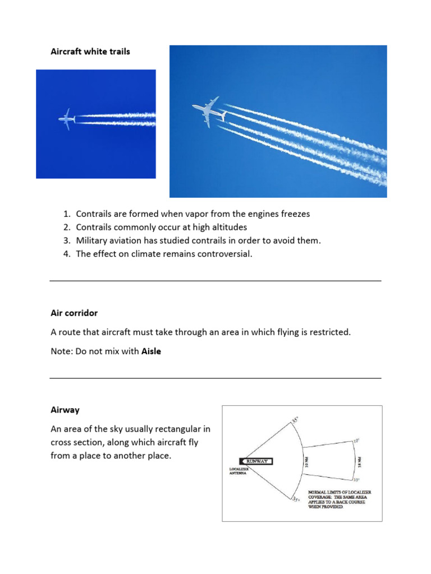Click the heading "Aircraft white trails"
click(90, 52)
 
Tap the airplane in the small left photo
click(67, 119)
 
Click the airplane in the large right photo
click(209, 111)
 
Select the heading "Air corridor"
click(74, 312)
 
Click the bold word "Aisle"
click(151, 351)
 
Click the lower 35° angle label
click(296, 498)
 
